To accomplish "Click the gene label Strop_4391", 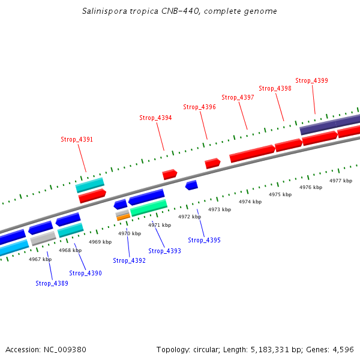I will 77,139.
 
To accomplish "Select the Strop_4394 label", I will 155,118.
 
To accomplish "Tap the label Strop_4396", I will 199,107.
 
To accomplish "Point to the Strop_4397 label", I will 238,97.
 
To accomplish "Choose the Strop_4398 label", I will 275,88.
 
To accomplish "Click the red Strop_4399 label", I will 311,80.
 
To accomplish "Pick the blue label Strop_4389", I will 52,283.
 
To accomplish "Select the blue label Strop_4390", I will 85,273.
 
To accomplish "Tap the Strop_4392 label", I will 129,260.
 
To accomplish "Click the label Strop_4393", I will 164,251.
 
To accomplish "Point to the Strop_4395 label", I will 204,240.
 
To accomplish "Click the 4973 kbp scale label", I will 220,209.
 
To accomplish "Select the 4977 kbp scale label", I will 341,181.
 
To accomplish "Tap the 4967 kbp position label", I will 40,259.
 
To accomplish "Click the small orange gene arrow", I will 124,217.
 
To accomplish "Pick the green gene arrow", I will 149,208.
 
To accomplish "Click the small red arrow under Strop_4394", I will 170,175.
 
